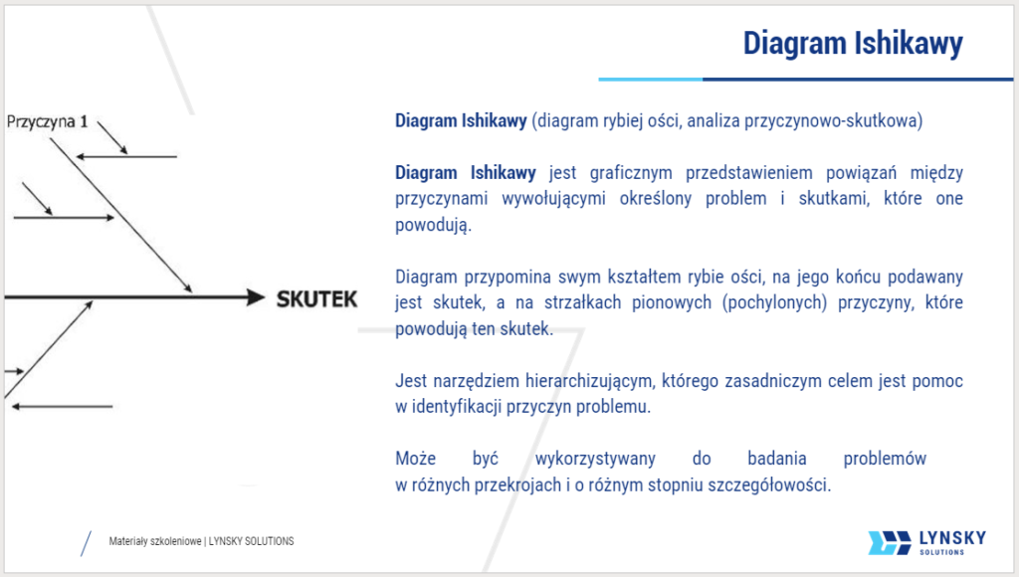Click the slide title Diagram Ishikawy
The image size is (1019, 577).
click(x=853, y=45)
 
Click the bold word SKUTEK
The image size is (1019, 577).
click(x=316, y=298)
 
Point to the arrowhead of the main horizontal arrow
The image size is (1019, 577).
click(x=254, y=297)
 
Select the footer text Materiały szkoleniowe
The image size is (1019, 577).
click(x=154, y=541)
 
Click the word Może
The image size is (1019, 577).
click(x=414, y=459)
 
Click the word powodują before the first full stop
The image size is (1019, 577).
click(x=431, y=224)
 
